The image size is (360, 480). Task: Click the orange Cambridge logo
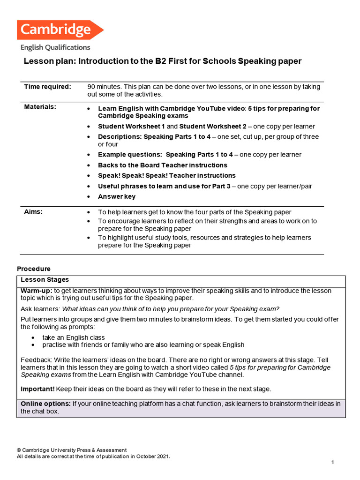[60, 30]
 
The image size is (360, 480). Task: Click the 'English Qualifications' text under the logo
[55, 47]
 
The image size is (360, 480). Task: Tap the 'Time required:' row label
[47, 87]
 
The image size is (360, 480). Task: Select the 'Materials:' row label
[40, 107]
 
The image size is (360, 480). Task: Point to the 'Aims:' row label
[33, 212]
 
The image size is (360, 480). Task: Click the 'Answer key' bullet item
[117, 196]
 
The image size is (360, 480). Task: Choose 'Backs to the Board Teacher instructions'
[162, 165]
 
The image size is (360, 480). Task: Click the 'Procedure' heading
[33, 269]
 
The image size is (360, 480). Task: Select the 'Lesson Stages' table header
[45, 280]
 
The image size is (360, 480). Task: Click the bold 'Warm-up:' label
[37, 291]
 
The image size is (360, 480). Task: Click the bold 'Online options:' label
[45, 404]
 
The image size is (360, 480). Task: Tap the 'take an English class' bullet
[74, 337]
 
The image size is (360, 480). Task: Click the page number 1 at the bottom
[332, 463]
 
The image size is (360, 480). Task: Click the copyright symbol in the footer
[19, 450]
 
